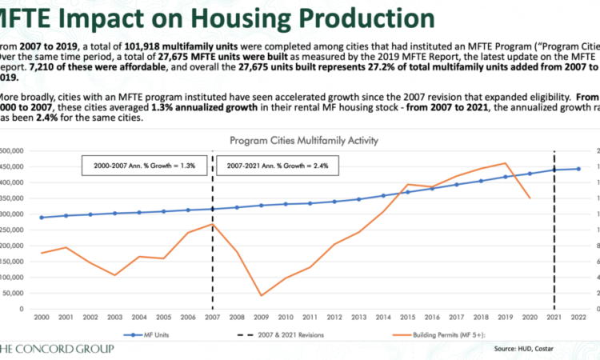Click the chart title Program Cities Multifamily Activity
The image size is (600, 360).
(x=303, y=140)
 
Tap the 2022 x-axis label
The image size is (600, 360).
(x=578, y=317)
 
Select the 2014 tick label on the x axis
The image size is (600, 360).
(x=384, y=317)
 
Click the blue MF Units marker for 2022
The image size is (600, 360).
(x=578, y=191)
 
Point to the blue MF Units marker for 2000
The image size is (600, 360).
(x=42, y=218)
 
